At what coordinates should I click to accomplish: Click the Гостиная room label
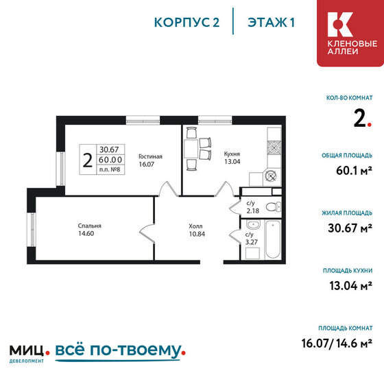coord(150,156)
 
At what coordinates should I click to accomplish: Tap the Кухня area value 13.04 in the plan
coord(232,162)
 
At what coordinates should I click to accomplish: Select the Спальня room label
coord(89,226)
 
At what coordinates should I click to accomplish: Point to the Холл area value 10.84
coord(197,234)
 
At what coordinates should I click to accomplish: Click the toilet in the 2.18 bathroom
coord(274,206)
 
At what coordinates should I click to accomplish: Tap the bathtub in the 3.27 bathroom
coord(273,239)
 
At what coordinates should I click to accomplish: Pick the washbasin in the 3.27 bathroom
coord(253,224)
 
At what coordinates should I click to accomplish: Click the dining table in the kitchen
coord(191,149)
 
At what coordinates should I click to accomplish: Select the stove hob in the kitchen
coord(274,148)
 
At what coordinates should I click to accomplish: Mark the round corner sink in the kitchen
coord(271,176)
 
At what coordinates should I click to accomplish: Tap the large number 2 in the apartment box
coord(88,160)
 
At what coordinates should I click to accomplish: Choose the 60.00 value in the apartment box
coord(110,160)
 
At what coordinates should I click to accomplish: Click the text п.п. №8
coord(110,169)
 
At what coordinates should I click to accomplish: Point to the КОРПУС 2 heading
coord(187,23)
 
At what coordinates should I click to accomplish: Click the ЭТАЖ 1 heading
coord(271,23)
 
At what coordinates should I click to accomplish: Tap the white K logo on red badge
coord(340,25)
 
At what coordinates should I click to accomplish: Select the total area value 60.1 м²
coord(354,171)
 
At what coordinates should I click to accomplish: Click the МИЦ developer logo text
coord(27,351)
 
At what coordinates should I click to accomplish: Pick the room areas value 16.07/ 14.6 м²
coord(337,343)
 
